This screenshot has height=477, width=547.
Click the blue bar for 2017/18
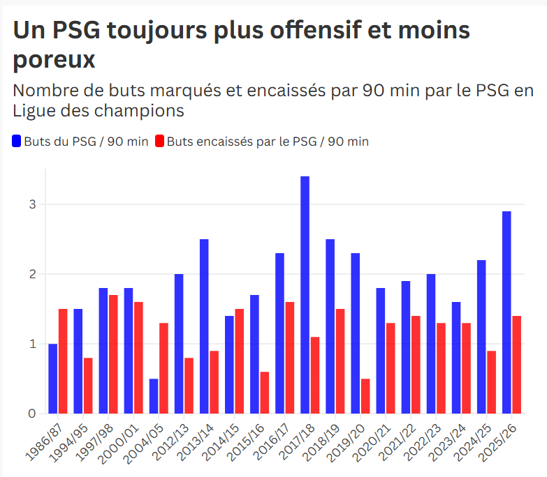coord(305,295)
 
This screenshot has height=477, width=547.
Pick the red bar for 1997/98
coord(113,354)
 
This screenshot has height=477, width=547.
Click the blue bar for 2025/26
coord(506,312)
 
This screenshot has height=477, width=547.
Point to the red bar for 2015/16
coord(265,393)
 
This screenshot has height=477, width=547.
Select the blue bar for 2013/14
coord(204,326)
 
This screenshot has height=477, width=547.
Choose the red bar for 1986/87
coord(63,361)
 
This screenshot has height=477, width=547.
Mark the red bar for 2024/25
coord(491,382)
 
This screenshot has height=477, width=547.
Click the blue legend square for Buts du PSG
coord(17,142)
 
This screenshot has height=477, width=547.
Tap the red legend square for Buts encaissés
coord(160,142)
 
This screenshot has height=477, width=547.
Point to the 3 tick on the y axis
coord(32,204)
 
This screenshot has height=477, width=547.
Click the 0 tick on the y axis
coord(32,414)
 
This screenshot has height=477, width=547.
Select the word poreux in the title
coord(54,60)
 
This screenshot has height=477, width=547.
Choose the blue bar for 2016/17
coord(279,333)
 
